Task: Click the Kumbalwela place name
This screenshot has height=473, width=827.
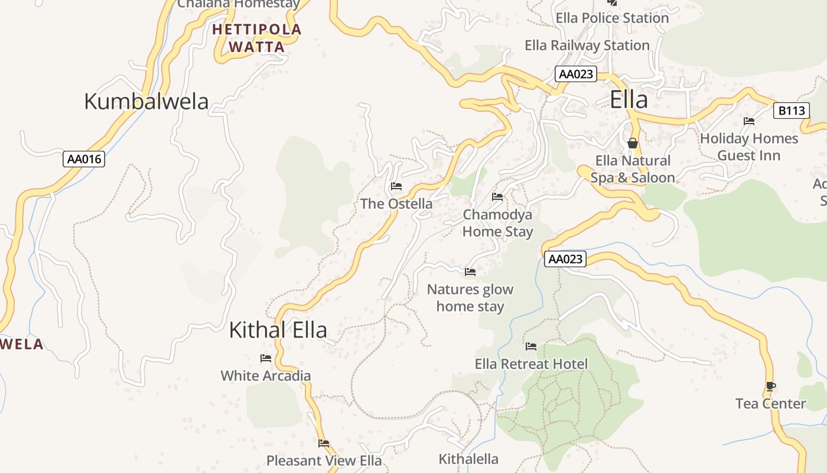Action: click(x=146, y=102)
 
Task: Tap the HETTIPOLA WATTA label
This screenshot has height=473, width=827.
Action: click(x=256, y=38)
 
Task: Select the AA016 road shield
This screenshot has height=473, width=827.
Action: click(x=84, y=159)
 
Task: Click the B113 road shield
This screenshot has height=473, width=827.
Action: click(x=792, y=111)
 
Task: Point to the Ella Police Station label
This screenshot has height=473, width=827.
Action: click(x=612, y=18)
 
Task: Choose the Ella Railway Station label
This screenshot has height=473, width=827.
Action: click(x=587, y=46)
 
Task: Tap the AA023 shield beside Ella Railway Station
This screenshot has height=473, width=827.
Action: click(x=576, y=74)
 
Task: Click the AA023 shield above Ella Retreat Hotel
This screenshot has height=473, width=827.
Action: click(x=565, y=259)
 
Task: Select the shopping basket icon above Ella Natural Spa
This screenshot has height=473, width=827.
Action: click(x=633, y=143)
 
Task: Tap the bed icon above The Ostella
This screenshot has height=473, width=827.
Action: click(x=396, y=186)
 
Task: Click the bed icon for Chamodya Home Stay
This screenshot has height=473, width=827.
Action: click(x=497, y=197)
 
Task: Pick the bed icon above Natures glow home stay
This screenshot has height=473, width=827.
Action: click(x=470, y=272)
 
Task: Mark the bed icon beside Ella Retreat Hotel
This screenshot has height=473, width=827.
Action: click(x=531, y=346)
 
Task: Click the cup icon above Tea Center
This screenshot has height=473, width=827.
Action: click(x=770, y=387)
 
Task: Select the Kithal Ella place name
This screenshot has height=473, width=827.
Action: click(x=278, y=330)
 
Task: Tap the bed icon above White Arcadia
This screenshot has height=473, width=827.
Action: click(x=265, y=358)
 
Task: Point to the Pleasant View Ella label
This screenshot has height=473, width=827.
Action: click(x=324, y=461)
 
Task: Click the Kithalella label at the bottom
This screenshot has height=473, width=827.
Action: click(x=468, y=459)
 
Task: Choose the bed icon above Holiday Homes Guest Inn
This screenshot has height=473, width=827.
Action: click(x=749, y=121)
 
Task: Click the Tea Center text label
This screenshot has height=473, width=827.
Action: click(x=770, y=404)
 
